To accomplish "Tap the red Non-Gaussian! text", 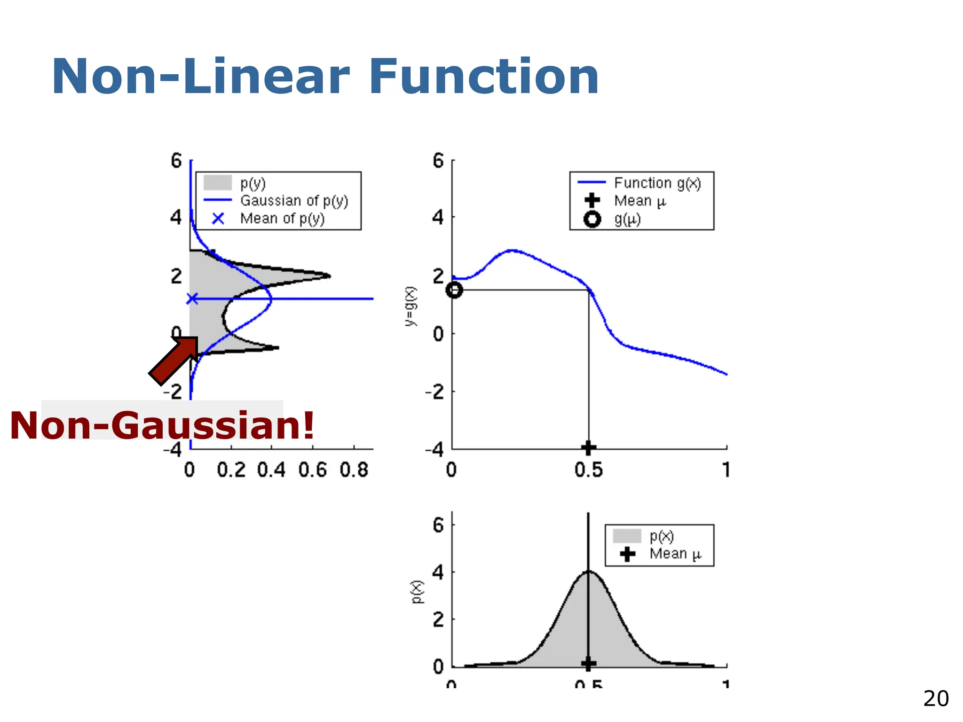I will (162, 425).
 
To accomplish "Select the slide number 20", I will (935, 699).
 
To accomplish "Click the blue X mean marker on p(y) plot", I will (192, 298).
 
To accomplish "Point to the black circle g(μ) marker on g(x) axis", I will (454, 290).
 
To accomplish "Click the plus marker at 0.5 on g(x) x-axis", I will (588, 447).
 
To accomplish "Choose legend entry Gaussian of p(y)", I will (294, 201).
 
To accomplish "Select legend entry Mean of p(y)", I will (282, 219).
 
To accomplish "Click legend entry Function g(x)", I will (657, 183).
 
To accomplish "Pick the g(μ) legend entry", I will (627, 220).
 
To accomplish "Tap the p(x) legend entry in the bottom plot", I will (661, 536).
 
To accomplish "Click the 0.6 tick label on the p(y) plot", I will (312, 470).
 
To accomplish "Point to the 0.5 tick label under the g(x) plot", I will (588, 470).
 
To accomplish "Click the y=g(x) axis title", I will (410, 306).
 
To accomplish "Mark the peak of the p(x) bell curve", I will (588, 572).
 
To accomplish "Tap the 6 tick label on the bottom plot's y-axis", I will (438, 525).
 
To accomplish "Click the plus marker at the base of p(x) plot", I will (588, 664).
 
